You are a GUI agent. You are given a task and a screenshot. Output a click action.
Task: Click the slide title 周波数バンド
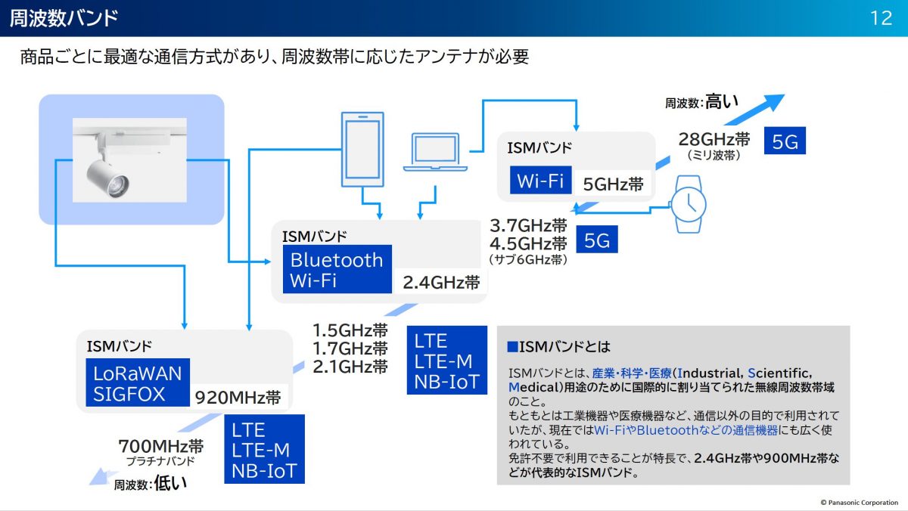coord(64,18)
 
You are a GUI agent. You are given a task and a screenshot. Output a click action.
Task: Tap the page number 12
coord(882,18)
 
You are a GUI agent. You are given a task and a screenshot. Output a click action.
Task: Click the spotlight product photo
coord(129,159)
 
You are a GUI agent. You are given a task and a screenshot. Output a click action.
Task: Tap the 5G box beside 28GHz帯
coord(785,141)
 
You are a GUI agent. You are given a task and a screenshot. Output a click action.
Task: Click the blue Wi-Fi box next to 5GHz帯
coord(540,181)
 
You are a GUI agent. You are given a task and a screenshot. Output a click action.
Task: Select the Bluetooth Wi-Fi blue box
coord(337,270)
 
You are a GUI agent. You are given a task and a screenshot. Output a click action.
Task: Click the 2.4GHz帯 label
coord(441,283)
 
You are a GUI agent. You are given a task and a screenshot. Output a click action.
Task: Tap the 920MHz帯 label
coord(238,398)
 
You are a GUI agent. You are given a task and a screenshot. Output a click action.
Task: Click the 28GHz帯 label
coord(714,139)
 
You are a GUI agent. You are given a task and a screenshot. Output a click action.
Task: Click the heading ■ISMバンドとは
coord(558,347)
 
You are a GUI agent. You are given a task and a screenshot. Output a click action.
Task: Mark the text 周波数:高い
coord(701,102)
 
